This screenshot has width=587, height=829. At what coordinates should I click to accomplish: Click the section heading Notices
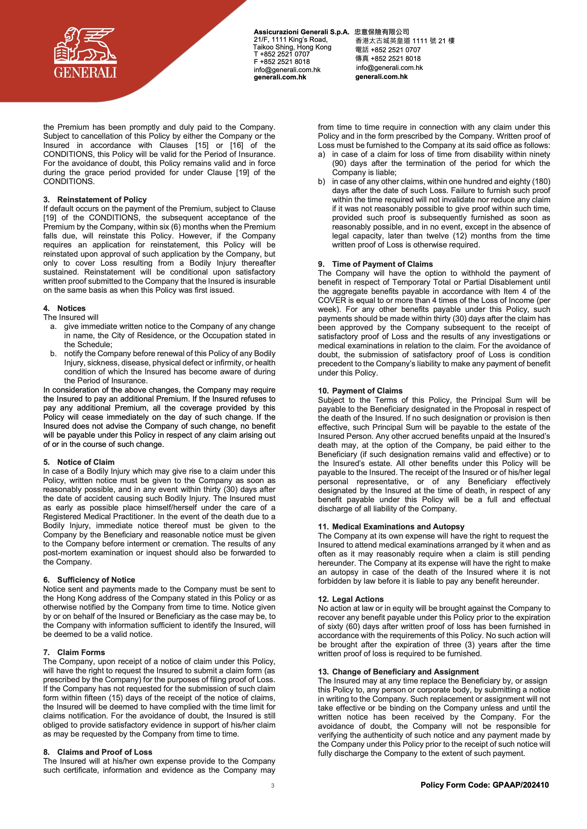(x=71, y=308)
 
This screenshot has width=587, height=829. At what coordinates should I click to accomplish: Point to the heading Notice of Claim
(x=86, y=462)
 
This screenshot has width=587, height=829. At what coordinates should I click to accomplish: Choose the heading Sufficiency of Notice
(x=96, y=580)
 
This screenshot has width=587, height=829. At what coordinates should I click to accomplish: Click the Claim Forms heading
(x=81, y=652)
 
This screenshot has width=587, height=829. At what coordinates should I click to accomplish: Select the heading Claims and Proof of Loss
(x=105, y=752)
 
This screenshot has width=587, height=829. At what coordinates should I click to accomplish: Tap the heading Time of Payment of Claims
(x=382, y=264)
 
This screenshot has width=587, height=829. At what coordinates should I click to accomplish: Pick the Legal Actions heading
(x=357, y=599)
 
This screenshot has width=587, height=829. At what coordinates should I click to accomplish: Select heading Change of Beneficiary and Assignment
(x=405, y=672)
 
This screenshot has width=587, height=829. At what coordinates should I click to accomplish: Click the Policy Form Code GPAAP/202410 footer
(x=484, y=785)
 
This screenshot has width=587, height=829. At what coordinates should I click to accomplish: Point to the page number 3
(x=273, y=786)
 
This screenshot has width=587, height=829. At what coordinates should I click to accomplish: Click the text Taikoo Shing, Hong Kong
(x=292, y=47)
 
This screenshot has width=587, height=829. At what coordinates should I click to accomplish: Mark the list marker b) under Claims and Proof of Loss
(x=321, y=182)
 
